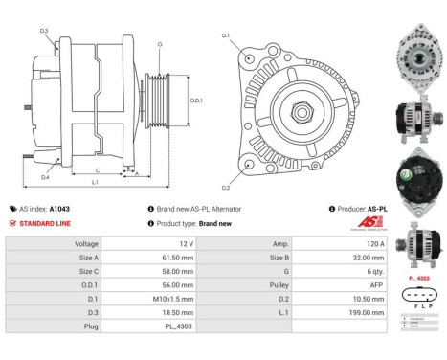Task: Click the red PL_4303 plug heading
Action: pos(418,279)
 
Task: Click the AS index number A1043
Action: pos(59,208)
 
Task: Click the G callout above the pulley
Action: pos(159,45)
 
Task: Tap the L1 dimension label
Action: pos(95,182)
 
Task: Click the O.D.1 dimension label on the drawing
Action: pos(195,100)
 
